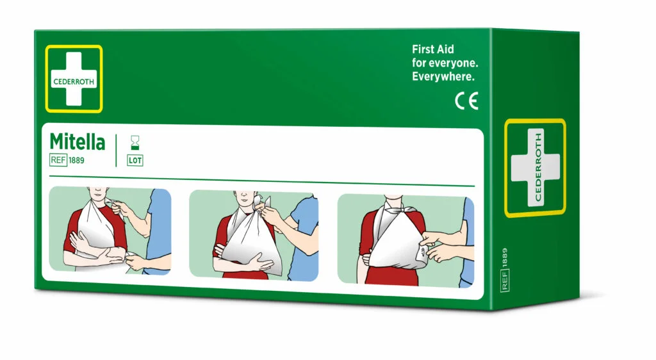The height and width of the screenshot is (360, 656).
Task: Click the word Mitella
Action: [78, 142]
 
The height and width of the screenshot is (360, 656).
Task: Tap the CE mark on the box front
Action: [466, 101]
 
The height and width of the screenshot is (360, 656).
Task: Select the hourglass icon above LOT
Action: [135, 143]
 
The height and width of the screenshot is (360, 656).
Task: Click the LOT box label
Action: [135, 161]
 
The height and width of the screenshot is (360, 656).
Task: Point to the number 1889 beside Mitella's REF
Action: [76, 160]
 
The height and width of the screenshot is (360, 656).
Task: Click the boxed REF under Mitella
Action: [58, 160]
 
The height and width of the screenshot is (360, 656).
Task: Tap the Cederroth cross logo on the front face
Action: [74, 79]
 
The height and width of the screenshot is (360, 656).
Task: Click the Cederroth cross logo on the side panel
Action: [535, 168]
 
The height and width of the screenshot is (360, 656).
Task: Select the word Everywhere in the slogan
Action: [443, 76]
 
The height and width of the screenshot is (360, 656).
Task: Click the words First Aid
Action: [432, 49]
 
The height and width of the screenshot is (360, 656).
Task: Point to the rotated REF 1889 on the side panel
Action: [505, 269]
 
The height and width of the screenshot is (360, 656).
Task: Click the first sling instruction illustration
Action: [110, 231]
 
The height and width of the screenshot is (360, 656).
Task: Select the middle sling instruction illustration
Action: [254, 235]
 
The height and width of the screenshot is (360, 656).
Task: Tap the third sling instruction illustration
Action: [406, 241]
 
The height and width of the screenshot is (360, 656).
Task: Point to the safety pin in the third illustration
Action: [423, 252]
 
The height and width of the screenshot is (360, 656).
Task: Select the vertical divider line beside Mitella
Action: [117, 151]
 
